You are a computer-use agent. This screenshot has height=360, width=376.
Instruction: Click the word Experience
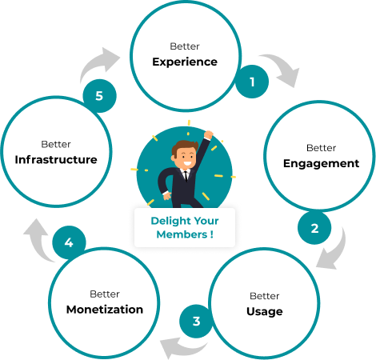(185, 62)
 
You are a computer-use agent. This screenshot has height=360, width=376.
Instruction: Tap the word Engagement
(321, 163)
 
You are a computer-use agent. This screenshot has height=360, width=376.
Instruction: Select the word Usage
(265, 311)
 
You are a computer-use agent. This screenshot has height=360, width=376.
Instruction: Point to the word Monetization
(105, 310)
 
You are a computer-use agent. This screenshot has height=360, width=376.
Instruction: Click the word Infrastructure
(56, 159)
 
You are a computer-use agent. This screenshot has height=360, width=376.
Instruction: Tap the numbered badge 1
(252, 82)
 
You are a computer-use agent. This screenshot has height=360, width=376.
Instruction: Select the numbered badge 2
(314, 228)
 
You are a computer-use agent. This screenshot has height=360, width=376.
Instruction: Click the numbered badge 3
(196, 322)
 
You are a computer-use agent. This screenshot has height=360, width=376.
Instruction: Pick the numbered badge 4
(69, 242)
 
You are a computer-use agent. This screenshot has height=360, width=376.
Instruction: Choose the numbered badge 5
(99, 96)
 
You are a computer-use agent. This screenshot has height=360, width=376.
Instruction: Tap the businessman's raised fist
(208, 134)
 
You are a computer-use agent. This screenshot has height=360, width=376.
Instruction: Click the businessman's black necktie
(186, 176)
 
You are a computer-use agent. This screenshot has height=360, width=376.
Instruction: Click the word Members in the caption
(182, 234)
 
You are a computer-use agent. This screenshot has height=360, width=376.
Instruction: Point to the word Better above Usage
(265, 296)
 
